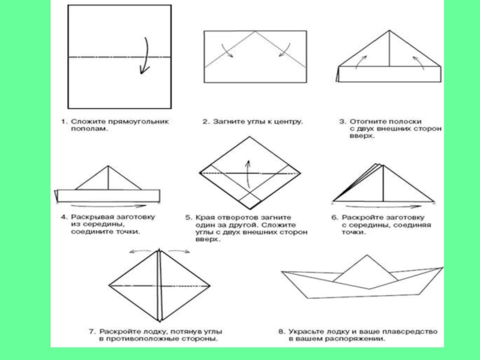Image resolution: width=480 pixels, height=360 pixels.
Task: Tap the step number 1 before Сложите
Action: pos(62,121)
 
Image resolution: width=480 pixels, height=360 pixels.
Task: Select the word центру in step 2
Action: pos(289,121)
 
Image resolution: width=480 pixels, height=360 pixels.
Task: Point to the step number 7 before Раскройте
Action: pos(92,331)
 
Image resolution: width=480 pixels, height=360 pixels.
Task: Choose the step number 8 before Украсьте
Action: pos(281,331)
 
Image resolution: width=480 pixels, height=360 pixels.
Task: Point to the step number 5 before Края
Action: pos(188,217)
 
